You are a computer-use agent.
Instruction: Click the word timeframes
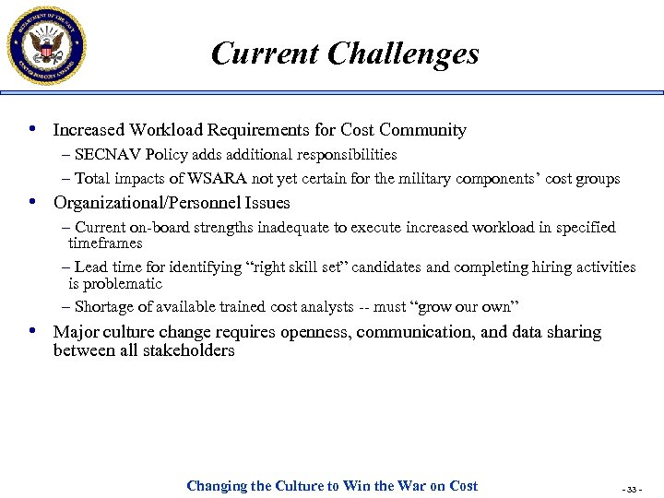click(105, 243)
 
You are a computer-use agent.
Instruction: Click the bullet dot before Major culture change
click(34, 331)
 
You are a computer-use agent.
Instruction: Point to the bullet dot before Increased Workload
click(34, 130)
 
